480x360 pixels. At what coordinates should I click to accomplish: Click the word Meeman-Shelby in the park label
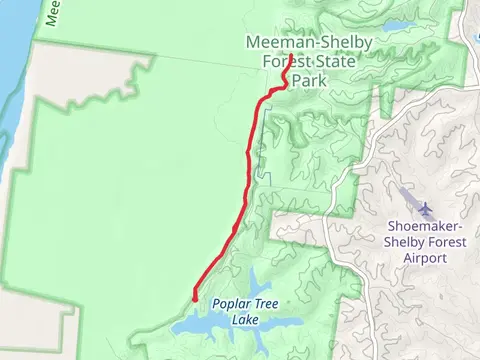[303, 42]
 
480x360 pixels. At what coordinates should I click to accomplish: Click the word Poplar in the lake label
[230, 304]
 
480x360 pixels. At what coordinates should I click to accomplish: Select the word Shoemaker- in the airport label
[420, 225]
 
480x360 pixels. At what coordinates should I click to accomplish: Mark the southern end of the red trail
[193, 296]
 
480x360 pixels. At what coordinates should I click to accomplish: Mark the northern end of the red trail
[285, 57]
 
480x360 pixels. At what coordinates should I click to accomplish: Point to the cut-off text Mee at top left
[53, 12]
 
